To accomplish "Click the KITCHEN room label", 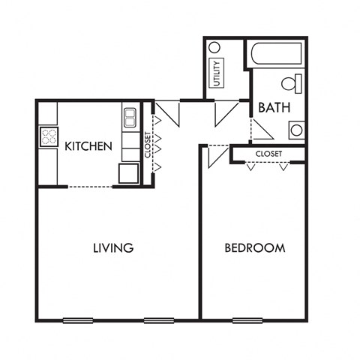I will (88, 146).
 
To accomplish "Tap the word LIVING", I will (113, 247).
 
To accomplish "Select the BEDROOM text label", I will (255, 247).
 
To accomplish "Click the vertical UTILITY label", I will (217, 73).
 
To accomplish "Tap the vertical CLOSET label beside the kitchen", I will (146, 145).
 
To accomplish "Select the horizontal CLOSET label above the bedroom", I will (268, 153).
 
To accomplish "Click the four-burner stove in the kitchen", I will (49, 137).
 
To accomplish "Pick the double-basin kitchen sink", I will (130, 116).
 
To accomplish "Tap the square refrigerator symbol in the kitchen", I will (127, 172).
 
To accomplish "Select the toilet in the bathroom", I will (292, 83).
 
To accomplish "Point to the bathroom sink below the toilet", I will (296, 130).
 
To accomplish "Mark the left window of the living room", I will (77, 320).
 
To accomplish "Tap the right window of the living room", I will (158, 320).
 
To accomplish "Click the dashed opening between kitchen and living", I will (90, 186).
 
